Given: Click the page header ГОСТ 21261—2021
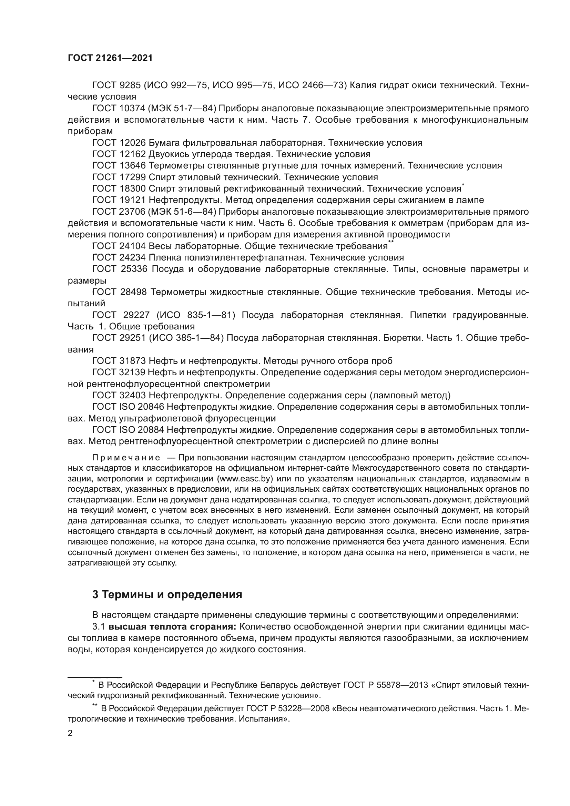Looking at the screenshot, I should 110,58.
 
